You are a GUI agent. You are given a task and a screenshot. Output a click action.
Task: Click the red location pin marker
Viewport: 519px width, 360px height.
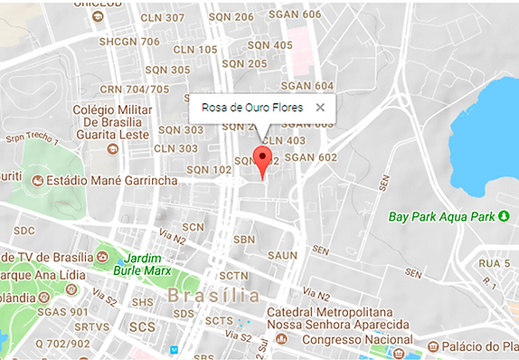point(262,159)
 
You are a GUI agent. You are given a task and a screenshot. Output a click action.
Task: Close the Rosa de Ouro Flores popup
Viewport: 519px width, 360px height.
point(320,107)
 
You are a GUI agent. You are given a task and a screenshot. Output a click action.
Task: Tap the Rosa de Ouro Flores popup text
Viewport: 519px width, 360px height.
point(252,107)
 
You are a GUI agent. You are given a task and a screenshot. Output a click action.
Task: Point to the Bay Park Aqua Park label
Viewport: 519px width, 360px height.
point(442,216)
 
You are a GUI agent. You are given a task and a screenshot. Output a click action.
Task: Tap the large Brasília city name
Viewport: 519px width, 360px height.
point(213,296)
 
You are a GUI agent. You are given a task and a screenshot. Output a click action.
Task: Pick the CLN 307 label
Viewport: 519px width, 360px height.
point(163,18)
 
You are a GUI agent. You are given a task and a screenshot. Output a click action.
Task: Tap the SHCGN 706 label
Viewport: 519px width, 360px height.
point(129,41)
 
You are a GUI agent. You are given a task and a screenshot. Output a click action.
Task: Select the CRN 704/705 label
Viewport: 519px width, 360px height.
point(135,89)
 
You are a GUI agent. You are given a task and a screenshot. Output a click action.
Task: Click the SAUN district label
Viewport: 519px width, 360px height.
point(282,256)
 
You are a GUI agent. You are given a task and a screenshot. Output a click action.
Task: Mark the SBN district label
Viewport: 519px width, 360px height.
point(244,240)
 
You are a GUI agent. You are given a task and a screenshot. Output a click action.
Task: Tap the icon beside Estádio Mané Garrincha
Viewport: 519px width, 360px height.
point(37,182)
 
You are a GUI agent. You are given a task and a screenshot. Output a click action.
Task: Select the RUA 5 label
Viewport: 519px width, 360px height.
point(494,262)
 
